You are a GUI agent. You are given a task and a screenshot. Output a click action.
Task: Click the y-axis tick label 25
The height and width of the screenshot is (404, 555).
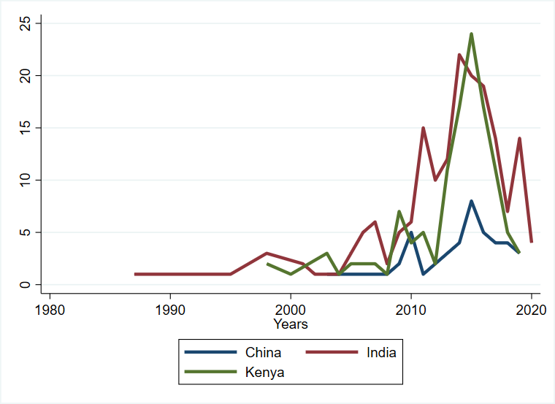click(25, 23)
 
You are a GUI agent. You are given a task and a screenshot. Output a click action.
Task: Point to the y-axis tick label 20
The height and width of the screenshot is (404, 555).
click(25, 76)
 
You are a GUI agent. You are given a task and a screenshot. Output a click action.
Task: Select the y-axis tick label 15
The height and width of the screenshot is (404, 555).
click(25, 128)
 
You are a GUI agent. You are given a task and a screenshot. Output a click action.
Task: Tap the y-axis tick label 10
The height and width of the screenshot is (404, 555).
click(25, 180)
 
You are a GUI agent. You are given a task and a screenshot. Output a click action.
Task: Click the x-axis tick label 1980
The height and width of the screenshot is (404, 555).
click(50, 310)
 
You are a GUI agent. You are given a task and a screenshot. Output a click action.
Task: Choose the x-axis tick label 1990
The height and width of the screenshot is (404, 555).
click(170, 310)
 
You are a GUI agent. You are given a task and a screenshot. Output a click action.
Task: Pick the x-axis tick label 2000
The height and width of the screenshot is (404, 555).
click(291, 310)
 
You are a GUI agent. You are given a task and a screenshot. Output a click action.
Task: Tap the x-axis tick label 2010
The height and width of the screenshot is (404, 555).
click(411, 310)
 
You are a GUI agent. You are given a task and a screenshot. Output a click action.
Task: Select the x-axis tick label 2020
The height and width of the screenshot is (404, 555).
click(531, 310)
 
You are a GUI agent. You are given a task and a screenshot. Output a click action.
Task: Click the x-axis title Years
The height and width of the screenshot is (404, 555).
click(291, 324)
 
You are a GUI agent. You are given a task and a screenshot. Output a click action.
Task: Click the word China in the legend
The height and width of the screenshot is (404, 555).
click(264, 353)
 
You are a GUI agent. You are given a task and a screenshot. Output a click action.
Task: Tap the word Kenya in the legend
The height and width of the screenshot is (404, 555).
click(264, 372)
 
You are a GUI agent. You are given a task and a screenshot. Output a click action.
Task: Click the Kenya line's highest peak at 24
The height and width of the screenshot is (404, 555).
click(471, 34)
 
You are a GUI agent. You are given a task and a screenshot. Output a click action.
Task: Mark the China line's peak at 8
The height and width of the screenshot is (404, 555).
click(471, 201)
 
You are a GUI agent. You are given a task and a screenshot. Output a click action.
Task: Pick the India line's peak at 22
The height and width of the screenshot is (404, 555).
click(459, 55)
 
